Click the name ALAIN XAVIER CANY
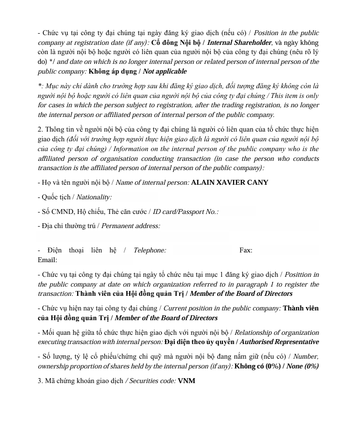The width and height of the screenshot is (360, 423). pos(229,182)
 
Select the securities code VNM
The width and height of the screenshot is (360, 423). pos(186,381)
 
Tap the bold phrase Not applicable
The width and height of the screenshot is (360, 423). pos(164,71)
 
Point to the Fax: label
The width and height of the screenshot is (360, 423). pos(246,250)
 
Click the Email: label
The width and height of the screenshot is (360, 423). pos(47,260)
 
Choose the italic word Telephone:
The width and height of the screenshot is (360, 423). pos(150,250)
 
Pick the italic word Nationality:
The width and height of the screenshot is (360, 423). pos(94,197)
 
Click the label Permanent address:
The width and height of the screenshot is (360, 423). pos(131,226)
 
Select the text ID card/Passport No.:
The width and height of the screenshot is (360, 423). pos(186,211)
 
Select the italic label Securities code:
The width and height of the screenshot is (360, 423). pos(151,381)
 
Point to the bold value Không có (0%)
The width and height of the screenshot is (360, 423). pos(257,366)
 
